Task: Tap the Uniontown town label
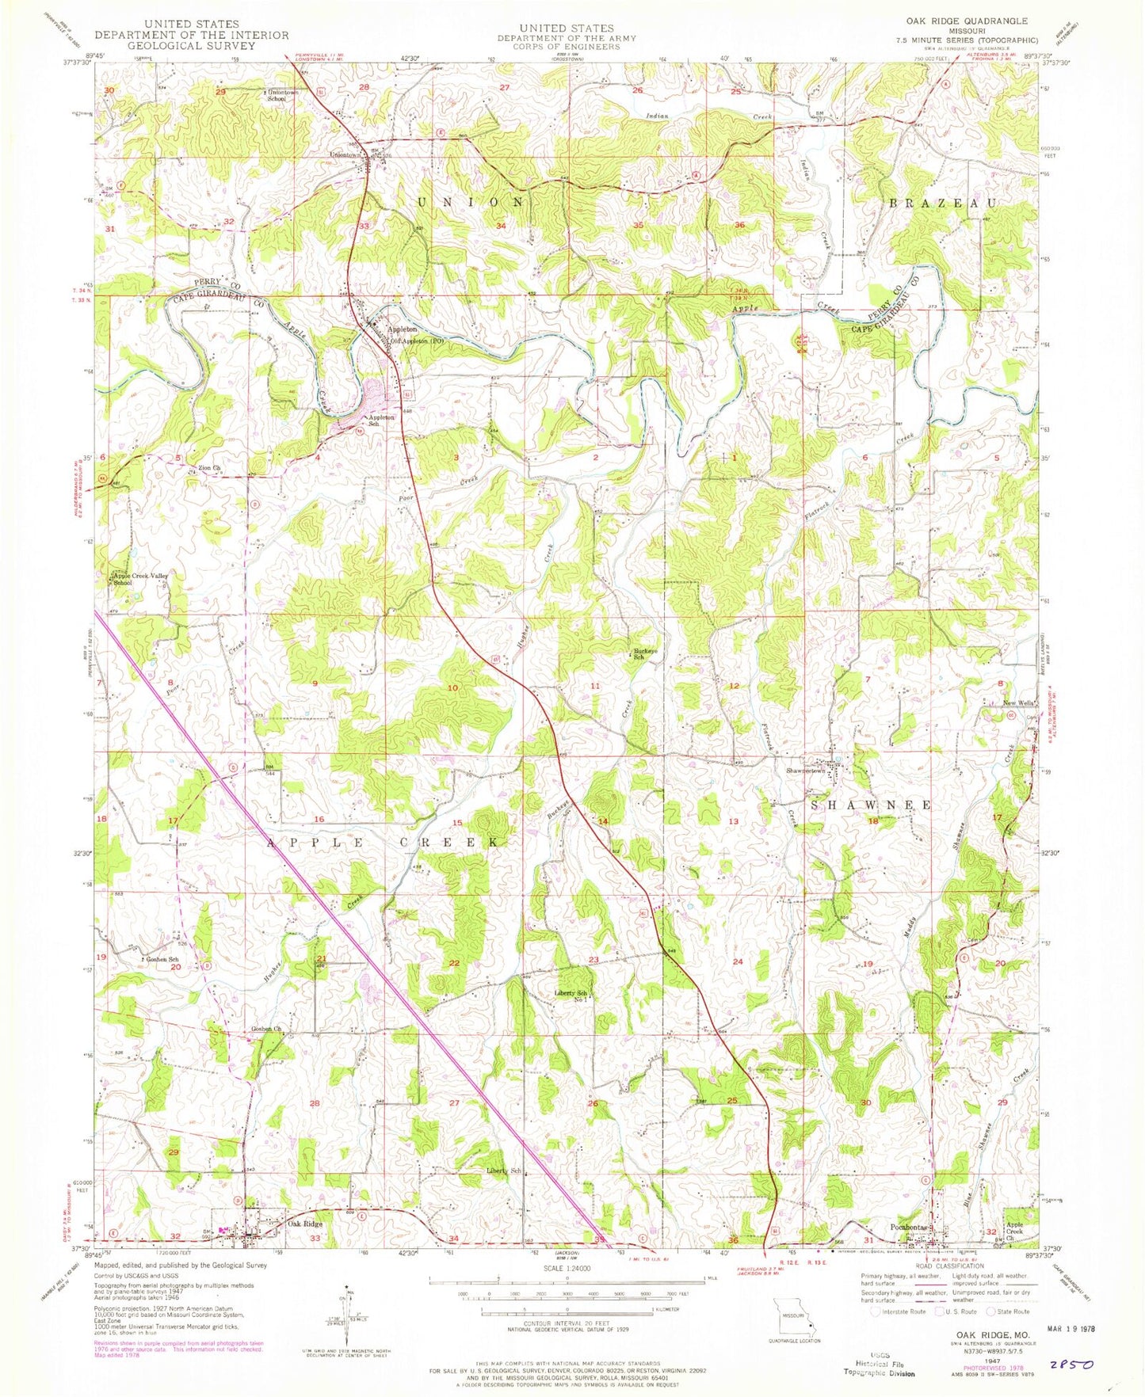click(x=346, y=154)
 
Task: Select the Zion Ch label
click(x=209, y=468)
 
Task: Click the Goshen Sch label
click(x=160, y=958)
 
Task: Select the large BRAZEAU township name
click(x=942, y=203)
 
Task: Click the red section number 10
click(x=452, y=688)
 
